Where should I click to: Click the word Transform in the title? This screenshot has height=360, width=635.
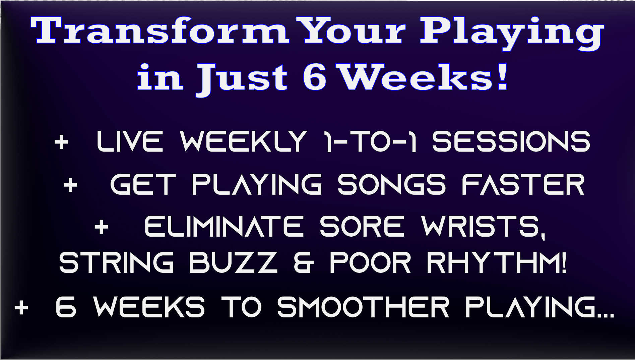160,31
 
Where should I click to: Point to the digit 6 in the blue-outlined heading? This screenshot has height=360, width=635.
315,77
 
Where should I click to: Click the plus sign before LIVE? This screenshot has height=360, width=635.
61,142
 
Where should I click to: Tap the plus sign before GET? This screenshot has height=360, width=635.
70,185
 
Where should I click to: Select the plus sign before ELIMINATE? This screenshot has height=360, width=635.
101,227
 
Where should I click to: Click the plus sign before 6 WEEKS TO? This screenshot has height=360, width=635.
21,307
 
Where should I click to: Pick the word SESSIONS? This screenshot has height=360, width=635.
511,141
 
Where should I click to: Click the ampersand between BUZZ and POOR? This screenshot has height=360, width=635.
304,262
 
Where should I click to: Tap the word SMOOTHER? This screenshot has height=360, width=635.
363,307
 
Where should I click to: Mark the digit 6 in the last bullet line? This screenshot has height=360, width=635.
66,307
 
